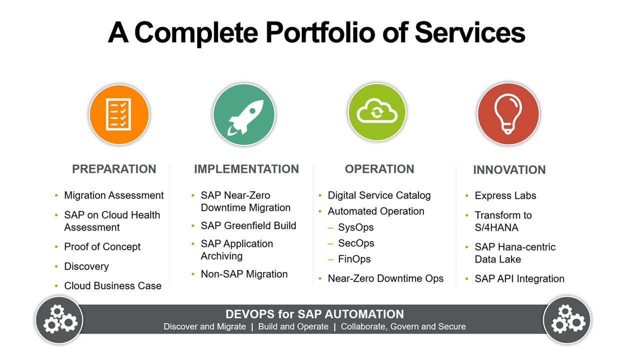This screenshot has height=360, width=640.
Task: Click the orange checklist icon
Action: point(119,114)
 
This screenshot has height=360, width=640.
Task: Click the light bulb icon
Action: point(508,114)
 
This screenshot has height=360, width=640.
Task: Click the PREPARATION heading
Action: point(114,169)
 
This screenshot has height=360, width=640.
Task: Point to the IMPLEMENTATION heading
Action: point(246,169)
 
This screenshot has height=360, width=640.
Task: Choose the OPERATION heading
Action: point(379,169)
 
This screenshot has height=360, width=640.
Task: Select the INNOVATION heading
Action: point(509,170)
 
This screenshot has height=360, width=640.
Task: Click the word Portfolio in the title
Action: point(320,33)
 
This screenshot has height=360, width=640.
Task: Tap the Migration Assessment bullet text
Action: point(113,195)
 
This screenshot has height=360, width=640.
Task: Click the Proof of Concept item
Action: point(102,247)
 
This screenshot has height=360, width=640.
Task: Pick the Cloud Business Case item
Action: point(113,285)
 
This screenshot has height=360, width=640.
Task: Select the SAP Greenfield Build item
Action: point(248,225)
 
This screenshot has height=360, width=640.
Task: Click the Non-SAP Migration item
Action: point(244,274)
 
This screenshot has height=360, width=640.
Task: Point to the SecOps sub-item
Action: point(356,243)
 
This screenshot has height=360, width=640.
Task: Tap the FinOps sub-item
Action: point(354,259)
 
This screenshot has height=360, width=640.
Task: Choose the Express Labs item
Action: point(505,195)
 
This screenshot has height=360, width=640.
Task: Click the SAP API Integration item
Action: point(519,278)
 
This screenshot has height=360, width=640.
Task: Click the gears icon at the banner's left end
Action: point(59,319)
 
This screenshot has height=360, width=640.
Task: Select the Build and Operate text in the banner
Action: point(293,326)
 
